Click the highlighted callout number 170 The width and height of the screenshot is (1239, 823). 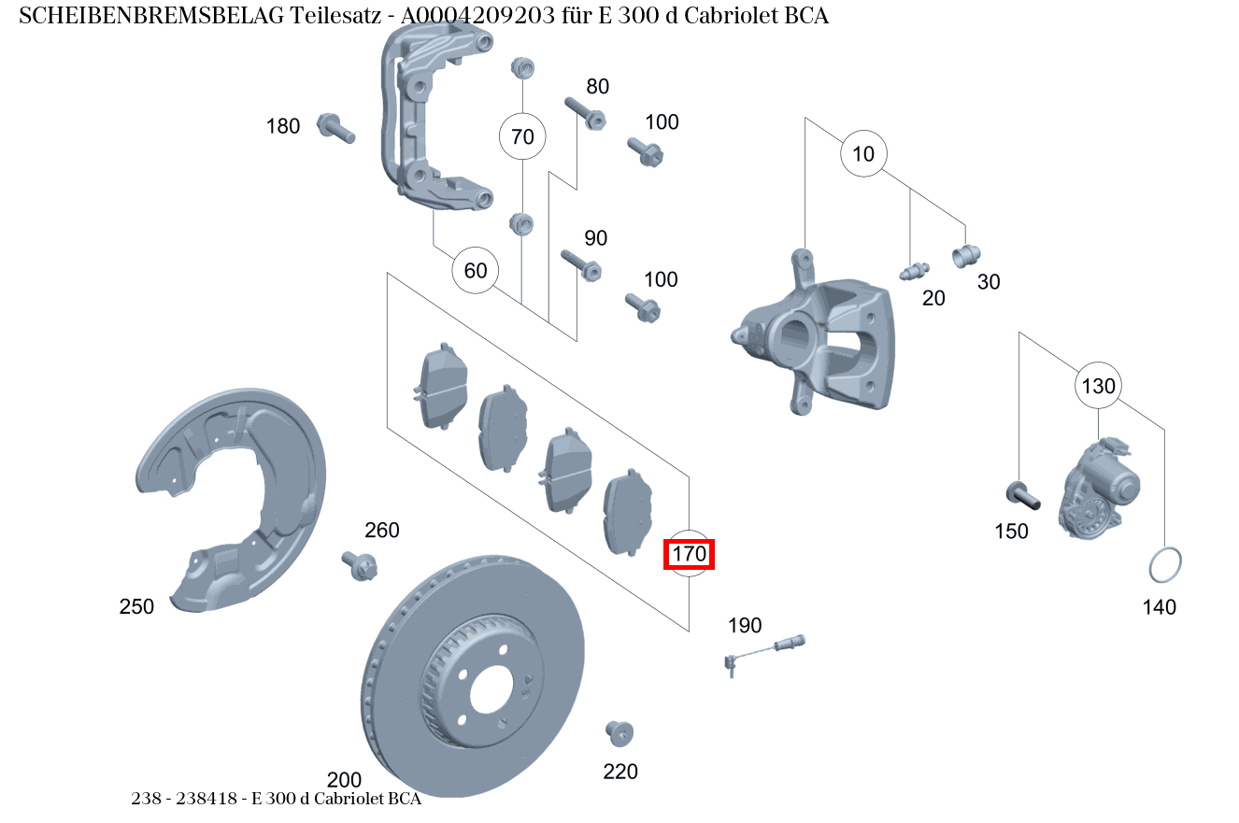[x=689, y=555]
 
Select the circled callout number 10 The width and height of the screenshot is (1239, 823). [x=863, y=153]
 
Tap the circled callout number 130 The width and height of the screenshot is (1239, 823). [x=1098, y=385]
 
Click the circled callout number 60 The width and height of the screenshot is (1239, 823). [x=476, y=271]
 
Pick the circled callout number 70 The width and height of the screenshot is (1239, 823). [x=522, y=137]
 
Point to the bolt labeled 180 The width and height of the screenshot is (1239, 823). [x=335, y=127]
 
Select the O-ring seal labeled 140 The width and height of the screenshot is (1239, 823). [x=1164, y=565]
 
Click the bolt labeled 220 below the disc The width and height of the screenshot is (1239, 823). [x=619, y=732]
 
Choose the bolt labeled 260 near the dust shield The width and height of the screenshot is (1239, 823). [x=361, y=564]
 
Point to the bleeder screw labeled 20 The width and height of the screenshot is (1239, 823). [x=912, y=272]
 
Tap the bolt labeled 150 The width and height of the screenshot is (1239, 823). [x=1022, y=494]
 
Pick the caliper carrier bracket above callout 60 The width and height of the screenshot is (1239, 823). [x=426, y=121]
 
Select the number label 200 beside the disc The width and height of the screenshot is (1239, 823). [x=344, y=780]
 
